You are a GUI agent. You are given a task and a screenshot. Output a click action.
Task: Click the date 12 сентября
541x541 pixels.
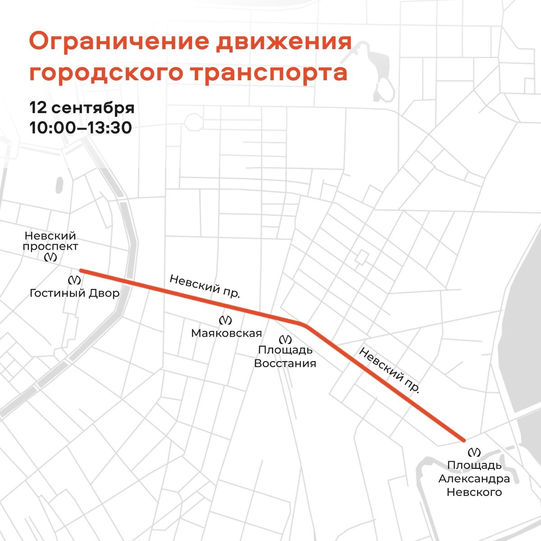82,109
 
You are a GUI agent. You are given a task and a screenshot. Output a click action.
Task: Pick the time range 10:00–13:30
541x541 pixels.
81,128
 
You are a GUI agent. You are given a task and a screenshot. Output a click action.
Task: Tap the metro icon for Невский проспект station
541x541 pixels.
51,257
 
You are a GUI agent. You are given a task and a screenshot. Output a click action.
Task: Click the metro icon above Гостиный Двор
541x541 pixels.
74,280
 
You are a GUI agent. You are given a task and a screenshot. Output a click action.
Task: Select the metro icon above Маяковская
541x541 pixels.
225,321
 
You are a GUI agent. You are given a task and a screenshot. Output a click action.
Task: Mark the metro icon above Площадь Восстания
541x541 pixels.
285,339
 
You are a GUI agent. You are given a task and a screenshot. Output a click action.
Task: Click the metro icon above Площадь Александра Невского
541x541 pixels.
474,452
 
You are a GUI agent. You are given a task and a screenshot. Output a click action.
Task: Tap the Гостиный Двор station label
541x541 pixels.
74,293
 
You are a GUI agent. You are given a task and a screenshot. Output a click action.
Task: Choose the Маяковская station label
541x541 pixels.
226,333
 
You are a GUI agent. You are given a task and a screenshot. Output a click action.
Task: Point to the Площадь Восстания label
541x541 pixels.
285,357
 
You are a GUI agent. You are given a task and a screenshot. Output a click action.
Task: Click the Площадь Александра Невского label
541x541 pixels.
474,478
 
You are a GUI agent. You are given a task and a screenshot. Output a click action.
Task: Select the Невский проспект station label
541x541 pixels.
51,241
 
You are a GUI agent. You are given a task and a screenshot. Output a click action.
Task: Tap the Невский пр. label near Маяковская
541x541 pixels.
205,286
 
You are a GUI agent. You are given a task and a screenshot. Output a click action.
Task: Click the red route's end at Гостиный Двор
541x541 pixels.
82,271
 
